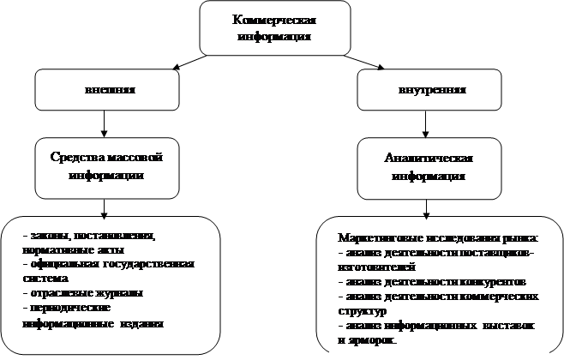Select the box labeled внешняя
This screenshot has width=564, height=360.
(x=103, y=90)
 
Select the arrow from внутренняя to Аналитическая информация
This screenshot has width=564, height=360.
(x=425, y=123)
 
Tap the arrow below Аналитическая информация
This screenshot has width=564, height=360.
(x=425, y=209)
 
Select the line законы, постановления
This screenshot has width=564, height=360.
(x=89, y=235)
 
